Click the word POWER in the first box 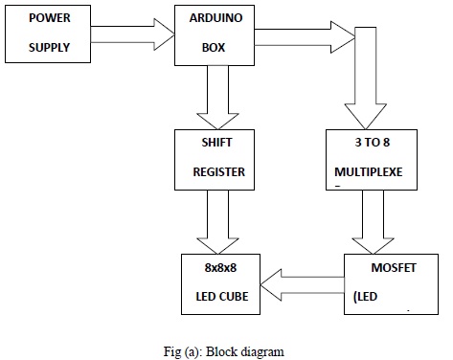click(x=49, y=18)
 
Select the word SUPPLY click(x=49, y=47)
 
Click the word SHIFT click(x=216, y=143)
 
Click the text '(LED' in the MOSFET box click(x=367, y=296)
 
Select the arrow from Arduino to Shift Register click(x=217, y=99)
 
